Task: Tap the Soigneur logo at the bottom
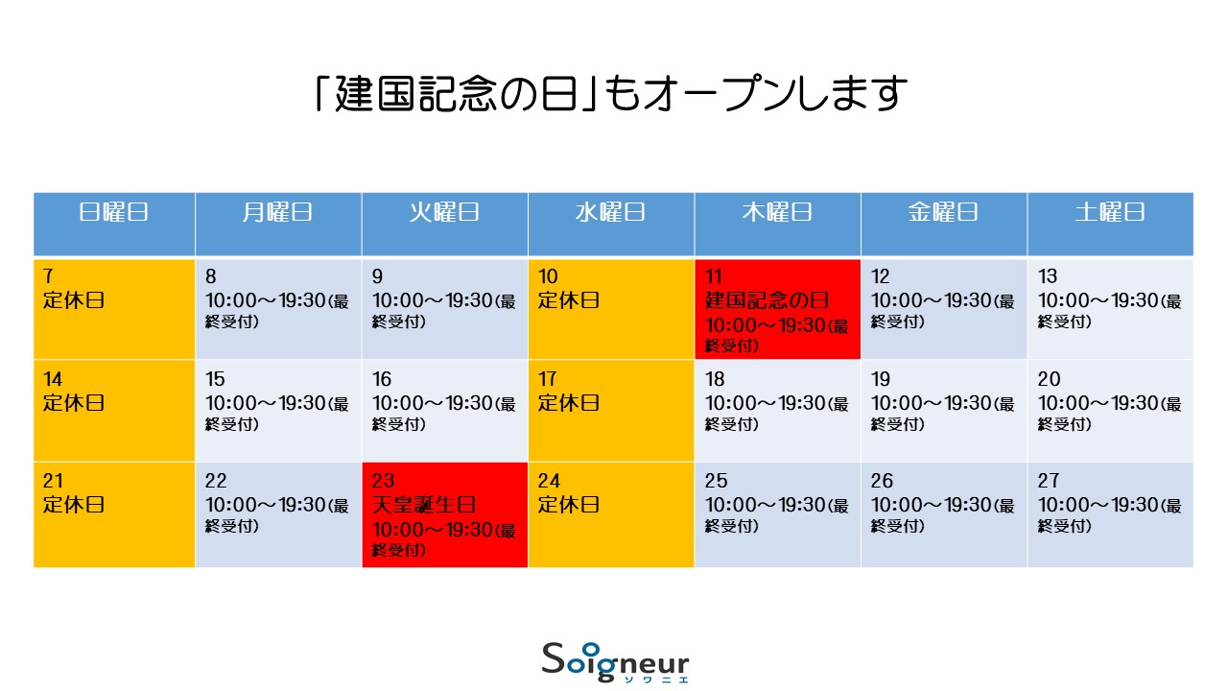pos(615,662)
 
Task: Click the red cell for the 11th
pos(777,309)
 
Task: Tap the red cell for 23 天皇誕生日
pos(444,514)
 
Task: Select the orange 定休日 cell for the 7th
pos(114,309)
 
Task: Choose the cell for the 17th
pos(611,410)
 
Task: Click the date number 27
pos(1049,481)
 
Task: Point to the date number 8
pos(210,276)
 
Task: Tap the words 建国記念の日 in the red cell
pos(767,300)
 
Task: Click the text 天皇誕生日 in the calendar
pos(424,505)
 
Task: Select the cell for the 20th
pos(1110,410)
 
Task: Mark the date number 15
pos(215,379)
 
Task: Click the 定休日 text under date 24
pos(569,505)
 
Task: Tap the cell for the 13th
pos(1110,309)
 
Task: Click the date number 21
pos(53,481)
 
